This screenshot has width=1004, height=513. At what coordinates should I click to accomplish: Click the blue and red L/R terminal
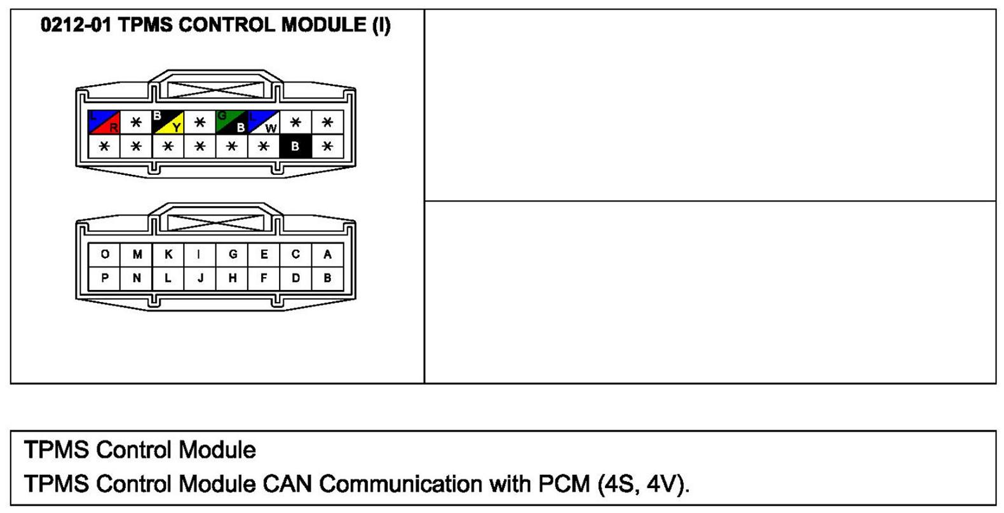(104, 122)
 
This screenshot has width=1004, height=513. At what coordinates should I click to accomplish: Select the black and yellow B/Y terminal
(168, 122)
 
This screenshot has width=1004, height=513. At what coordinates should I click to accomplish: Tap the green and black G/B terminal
(231, 122)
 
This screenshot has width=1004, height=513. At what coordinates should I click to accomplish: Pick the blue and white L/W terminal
(264, 122)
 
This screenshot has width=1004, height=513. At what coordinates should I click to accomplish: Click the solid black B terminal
(295, 146)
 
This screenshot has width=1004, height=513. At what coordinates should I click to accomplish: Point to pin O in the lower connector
(104, 255)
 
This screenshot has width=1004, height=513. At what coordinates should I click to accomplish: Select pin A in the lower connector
(328, 255)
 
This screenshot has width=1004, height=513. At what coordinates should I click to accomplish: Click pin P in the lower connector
(104, 278)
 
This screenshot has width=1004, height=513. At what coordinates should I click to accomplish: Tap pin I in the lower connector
(200, 255)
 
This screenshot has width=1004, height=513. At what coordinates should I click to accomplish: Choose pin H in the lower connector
(232, 278)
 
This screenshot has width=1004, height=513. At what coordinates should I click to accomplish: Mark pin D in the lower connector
(296, 278)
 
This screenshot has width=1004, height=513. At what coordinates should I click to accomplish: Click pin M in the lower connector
(137, 255)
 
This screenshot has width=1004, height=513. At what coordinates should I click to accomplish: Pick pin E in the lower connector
(264, 255)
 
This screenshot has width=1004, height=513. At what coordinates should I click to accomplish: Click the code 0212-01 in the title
(75, 25)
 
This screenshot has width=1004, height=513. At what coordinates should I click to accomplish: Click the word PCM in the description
(564, 484)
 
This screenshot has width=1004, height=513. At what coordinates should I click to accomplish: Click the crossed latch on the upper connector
(215, 90)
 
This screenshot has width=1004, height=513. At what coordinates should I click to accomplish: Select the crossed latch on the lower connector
(215, 222)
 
